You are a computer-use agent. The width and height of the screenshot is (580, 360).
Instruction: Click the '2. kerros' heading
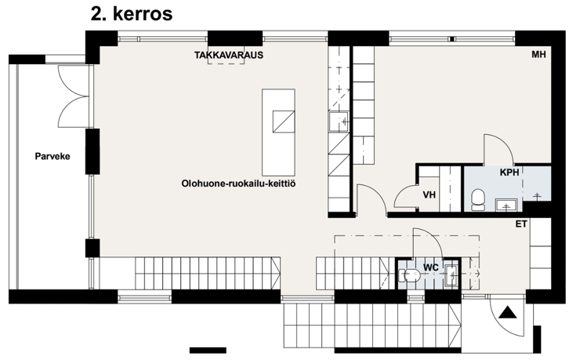click(x=132, y=13)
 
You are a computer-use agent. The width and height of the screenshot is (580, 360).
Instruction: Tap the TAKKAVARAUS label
click(x=229, y=55)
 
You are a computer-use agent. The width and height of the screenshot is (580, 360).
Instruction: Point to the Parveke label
click(x=53, y=156)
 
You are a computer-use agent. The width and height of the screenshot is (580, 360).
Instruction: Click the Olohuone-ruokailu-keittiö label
click(x=238, y=184)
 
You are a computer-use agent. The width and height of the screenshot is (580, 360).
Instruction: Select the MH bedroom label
click(x=538, y=54)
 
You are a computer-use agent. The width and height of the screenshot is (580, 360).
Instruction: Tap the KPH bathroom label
click(x=509, y=173)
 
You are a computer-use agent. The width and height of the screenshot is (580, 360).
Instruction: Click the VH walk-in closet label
click(x=429, y=195)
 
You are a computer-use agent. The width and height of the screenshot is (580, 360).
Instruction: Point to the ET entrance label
click(x=521, y=224)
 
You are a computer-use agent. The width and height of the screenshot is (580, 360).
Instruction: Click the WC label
click(x=431, y=267)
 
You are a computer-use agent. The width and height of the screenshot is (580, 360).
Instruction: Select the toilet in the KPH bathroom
click(x=478, y=199)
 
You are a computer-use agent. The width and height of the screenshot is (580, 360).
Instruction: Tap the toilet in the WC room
click(x=409, y=275)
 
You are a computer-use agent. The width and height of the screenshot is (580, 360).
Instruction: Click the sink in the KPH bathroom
click(x=506, y=205)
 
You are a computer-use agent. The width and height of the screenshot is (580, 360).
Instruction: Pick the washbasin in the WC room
click(x=451, y=275)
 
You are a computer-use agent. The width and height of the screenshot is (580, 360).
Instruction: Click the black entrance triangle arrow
click(x=508, y=313)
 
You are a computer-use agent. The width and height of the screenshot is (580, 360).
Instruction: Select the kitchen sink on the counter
click(x=339, y=122)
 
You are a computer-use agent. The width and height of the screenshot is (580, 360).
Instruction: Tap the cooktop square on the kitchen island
click(x=284, y=122)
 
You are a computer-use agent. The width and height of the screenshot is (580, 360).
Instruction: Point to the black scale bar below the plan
click(x=208, y=350)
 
